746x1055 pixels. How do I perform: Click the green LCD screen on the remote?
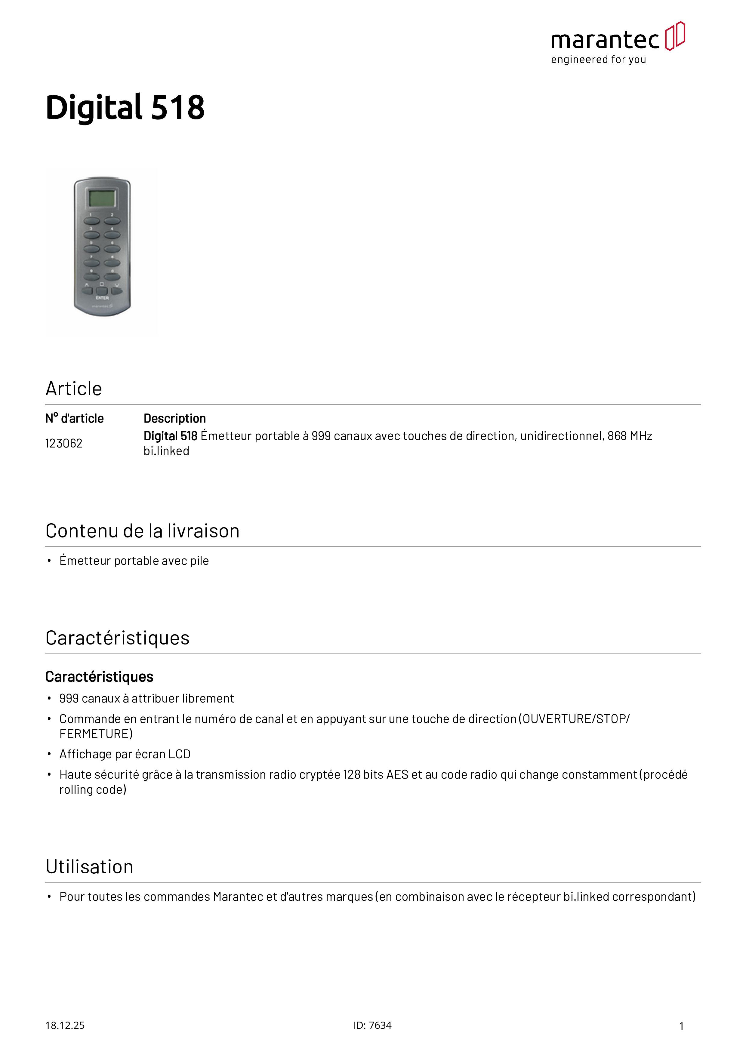pos(102,198)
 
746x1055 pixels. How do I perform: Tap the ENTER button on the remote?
pos(102,291)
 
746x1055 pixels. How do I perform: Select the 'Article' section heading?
pos(73,389)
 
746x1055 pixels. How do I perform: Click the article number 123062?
pos(64,443)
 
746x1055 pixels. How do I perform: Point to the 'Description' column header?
pos(175,419)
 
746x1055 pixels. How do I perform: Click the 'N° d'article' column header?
pos(75,419)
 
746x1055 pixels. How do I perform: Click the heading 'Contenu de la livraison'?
pos(143,531)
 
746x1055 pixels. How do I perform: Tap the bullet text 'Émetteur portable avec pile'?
pos(134,561)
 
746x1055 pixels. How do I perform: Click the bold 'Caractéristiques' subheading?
pos(99,677)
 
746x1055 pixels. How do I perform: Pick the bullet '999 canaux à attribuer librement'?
pos(146,699)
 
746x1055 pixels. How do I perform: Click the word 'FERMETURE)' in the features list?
pos(96,734)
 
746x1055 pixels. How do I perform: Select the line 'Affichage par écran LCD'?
pos(125,755)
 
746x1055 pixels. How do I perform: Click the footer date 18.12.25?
pos(65,1026)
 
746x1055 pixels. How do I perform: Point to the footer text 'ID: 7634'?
pos(372,1026)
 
